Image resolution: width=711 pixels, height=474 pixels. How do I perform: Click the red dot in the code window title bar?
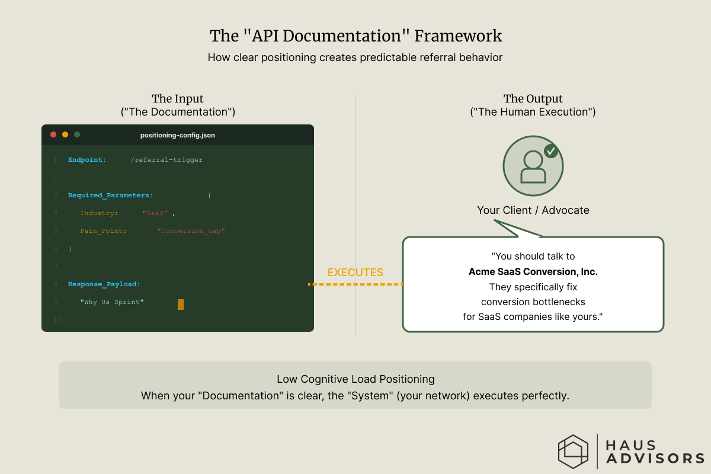pyautogui.click(x=53, y=134)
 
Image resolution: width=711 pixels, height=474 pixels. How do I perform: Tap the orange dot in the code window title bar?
pyautogui.click(x=65, y=134)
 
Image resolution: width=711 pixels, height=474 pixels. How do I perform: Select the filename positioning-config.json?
pyautogui.click(x=178, y=135)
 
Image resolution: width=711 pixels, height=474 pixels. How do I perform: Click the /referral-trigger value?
pyautogui.click(x=166, y=160)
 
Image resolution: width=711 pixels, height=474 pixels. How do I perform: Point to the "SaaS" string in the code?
pyautogui.click(x=155, y=213)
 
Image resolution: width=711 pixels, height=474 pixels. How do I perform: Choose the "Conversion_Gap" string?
pyautogui.click(x=191, y=231)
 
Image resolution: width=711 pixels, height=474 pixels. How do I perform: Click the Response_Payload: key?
pyautogui.click(x=104, y=284)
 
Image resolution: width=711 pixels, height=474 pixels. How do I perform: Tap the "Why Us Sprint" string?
pyautogui.click(x=112, y=302)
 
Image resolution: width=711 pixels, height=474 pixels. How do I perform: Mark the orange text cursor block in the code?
pyautogui.click(x=181, y=305)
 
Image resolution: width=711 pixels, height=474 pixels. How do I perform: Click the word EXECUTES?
pyautogui.click(x=355, y=273)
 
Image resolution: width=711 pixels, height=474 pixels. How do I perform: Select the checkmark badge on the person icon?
pyautogui.click(x=551, y=151)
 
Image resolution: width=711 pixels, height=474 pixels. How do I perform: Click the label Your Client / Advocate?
pyautogui.click(x=533, y=210)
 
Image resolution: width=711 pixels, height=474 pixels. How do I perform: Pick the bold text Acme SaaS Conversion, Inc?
pyautogui.click(x=533, y=272)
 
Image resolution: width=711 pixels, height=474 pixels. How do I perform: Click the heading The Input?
pyautogui.click(x=178, y=99)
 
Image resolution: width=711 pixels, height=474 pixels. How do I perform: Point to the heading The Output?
pyautogui.click(x=533, y=99)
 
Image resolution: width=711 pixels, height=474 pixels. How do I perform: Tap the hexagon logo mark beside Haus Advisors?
pyautogui.click(x=573, y=451)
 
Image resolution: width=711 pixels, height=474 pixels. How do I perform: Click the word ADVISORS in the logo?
pyautogui.click(x=655, y=458)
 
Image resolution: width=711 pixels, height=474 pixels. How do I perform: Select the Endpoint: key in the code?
pyautogui.click(x=87, y=160)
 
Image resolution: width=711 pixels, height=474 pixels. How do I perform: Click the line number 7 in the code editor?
pyautogui.click(x=56, y=267)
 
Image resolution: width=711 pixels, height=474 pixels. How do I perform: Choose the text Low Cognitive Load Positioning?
pyautogui.click(x=355, y=379)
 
